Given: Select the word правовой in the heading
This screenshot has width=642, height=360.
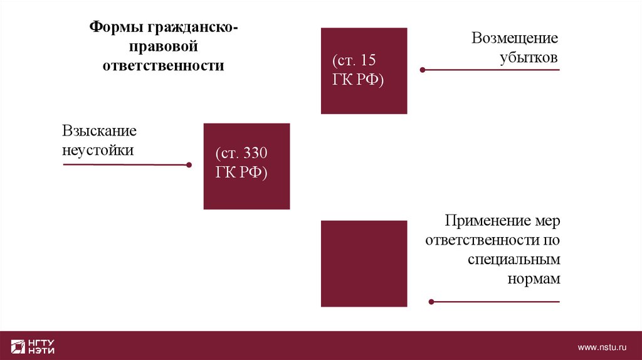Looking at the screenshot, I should [164, 46].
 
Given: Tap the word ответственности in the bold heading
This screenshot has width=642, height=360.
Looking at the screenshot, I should [164, 66].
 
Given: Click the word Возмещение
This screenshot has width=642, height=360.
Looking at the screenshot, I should [515, 38].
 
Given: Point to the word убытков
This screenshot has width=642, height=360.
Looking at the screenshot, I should [529, 58].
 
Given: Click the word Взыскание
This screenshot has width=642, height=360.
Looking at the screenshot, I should [99, 131].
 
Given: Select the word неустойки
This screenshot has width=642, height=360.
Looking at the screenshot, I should [98, 151].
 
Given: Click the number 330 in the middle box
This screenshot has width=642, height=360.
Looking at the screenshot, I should [256, 154].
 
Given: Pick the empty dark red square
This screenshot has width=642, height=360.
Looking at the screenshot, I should [364, 263].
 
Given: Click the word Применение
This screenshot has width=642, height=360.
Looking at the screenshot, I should [480, 221].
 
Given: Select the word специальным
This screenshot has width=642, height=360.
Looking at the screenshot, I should [513, 260].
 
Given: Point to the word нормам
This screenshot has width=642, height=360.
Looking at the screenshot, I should [533, 279].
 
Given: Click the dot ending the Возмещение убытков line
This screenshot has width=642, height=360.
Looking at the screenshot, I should [423, 70].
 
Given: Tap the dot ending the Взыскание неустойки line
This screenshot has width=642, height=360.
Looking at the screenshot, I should [189, 166].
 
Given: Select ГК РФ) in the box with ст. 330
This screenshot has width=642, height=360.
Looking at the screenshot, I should [241, 173].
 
